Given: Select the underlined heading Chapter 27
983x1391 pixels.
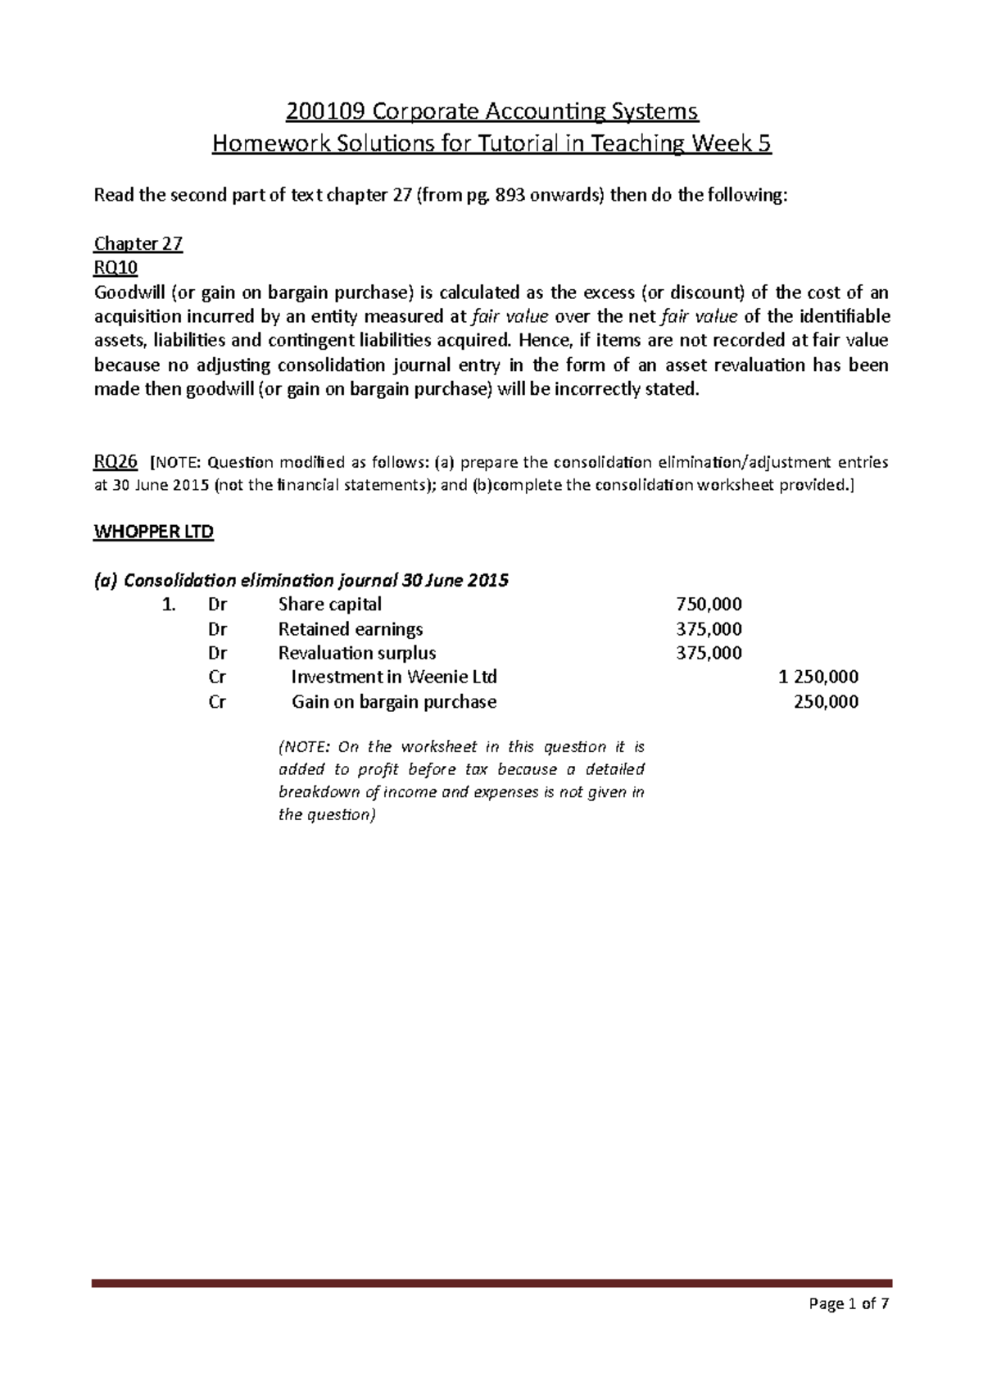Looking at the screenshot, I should pyautogui.click(x=138, y=244).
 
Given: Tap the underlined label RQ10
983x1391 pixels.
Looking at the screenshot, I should pyautogui.click(x=116, y=268).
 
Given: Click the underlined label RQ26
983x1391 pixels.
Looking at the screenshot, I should pyautogui.click(x=116, y=462).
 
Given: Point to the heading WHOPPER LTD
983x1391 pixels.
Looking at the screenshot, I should pyautogui.click(x=154, y=532).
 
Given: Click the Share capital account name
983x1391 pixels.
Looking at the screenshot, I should pyautogui.click(x=330, y=605).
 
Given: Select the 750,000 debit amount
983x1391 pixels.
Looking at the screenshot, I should pyautogui.click(x=709, y=605).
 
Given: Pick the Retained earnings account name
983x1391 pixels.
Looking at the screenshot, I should pyautogui.click(x=351, y=629).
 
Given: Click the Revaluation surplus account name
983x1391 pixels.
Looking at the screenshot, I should pyautogui.click(x=357, y=653).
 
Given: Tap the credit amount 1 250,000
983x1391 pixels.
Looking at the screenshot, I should pyautogui.click(x=818, y=677).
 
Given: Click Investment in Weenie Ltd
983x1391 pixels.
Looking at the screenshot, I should pyautogui.click(x=394, y=677).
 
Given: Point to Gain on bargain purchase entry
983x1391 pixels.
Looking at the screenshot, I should pyautogui.click(x=394, y=701).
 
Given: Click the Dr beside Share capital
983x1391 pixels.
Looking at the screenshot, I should pyautogui.click(x=217, y=605).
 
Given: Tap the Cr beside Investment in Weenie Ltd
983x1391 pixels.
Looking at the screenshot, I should pyautogui.click(x=217, y=677).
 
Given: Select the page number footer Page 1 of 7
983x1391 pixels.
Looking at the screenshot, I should pyautogui.click(x=853, y=1327).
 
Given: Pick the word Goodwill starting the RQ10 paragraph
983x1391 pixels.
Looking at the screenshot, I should pyautogui.click(x=128, y=293).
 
